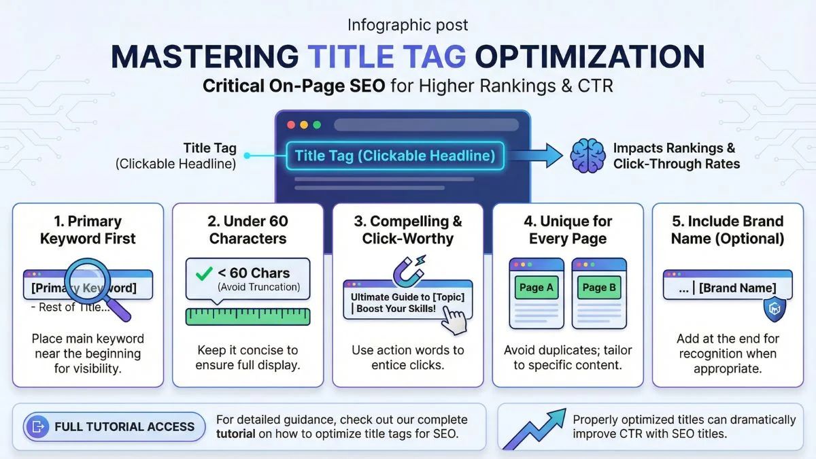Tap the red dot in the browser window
tap(291, 125)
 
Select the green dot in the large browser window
tap(317, 125)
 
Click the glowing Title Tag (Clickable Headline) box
tap(395, 156)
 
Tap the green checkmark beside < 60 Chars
tap(203, 273)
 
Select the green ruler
tap(248, 317)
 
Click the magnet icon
tap(409, 271)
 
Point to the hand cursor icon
tap(454, 319)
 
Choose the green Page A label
tap(537, 288)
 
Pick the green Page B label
tap(599, 288)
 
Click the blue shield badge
tap(775, 309)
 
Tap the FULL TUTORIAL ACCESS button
tap(114, 426)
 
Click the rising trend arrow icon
tap(534, 429)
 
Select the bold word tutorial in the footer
tap(236, 435)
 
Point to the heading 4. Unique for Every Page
tap(568, 230)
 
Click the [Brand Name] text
tap(737, 288)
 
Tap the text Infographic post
tap(407, 25)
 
